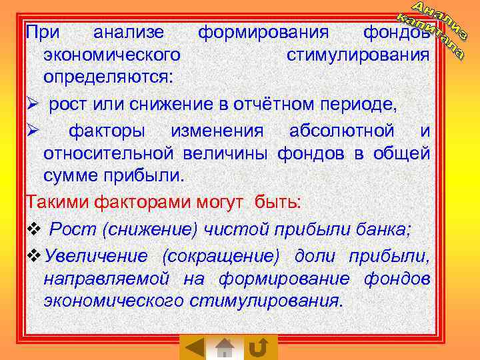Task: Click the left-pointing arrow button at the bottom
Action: tap(194, 347)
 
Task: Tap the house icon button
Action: tap(225, 347)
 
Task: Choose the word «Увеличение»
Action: tap(98, 257)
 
